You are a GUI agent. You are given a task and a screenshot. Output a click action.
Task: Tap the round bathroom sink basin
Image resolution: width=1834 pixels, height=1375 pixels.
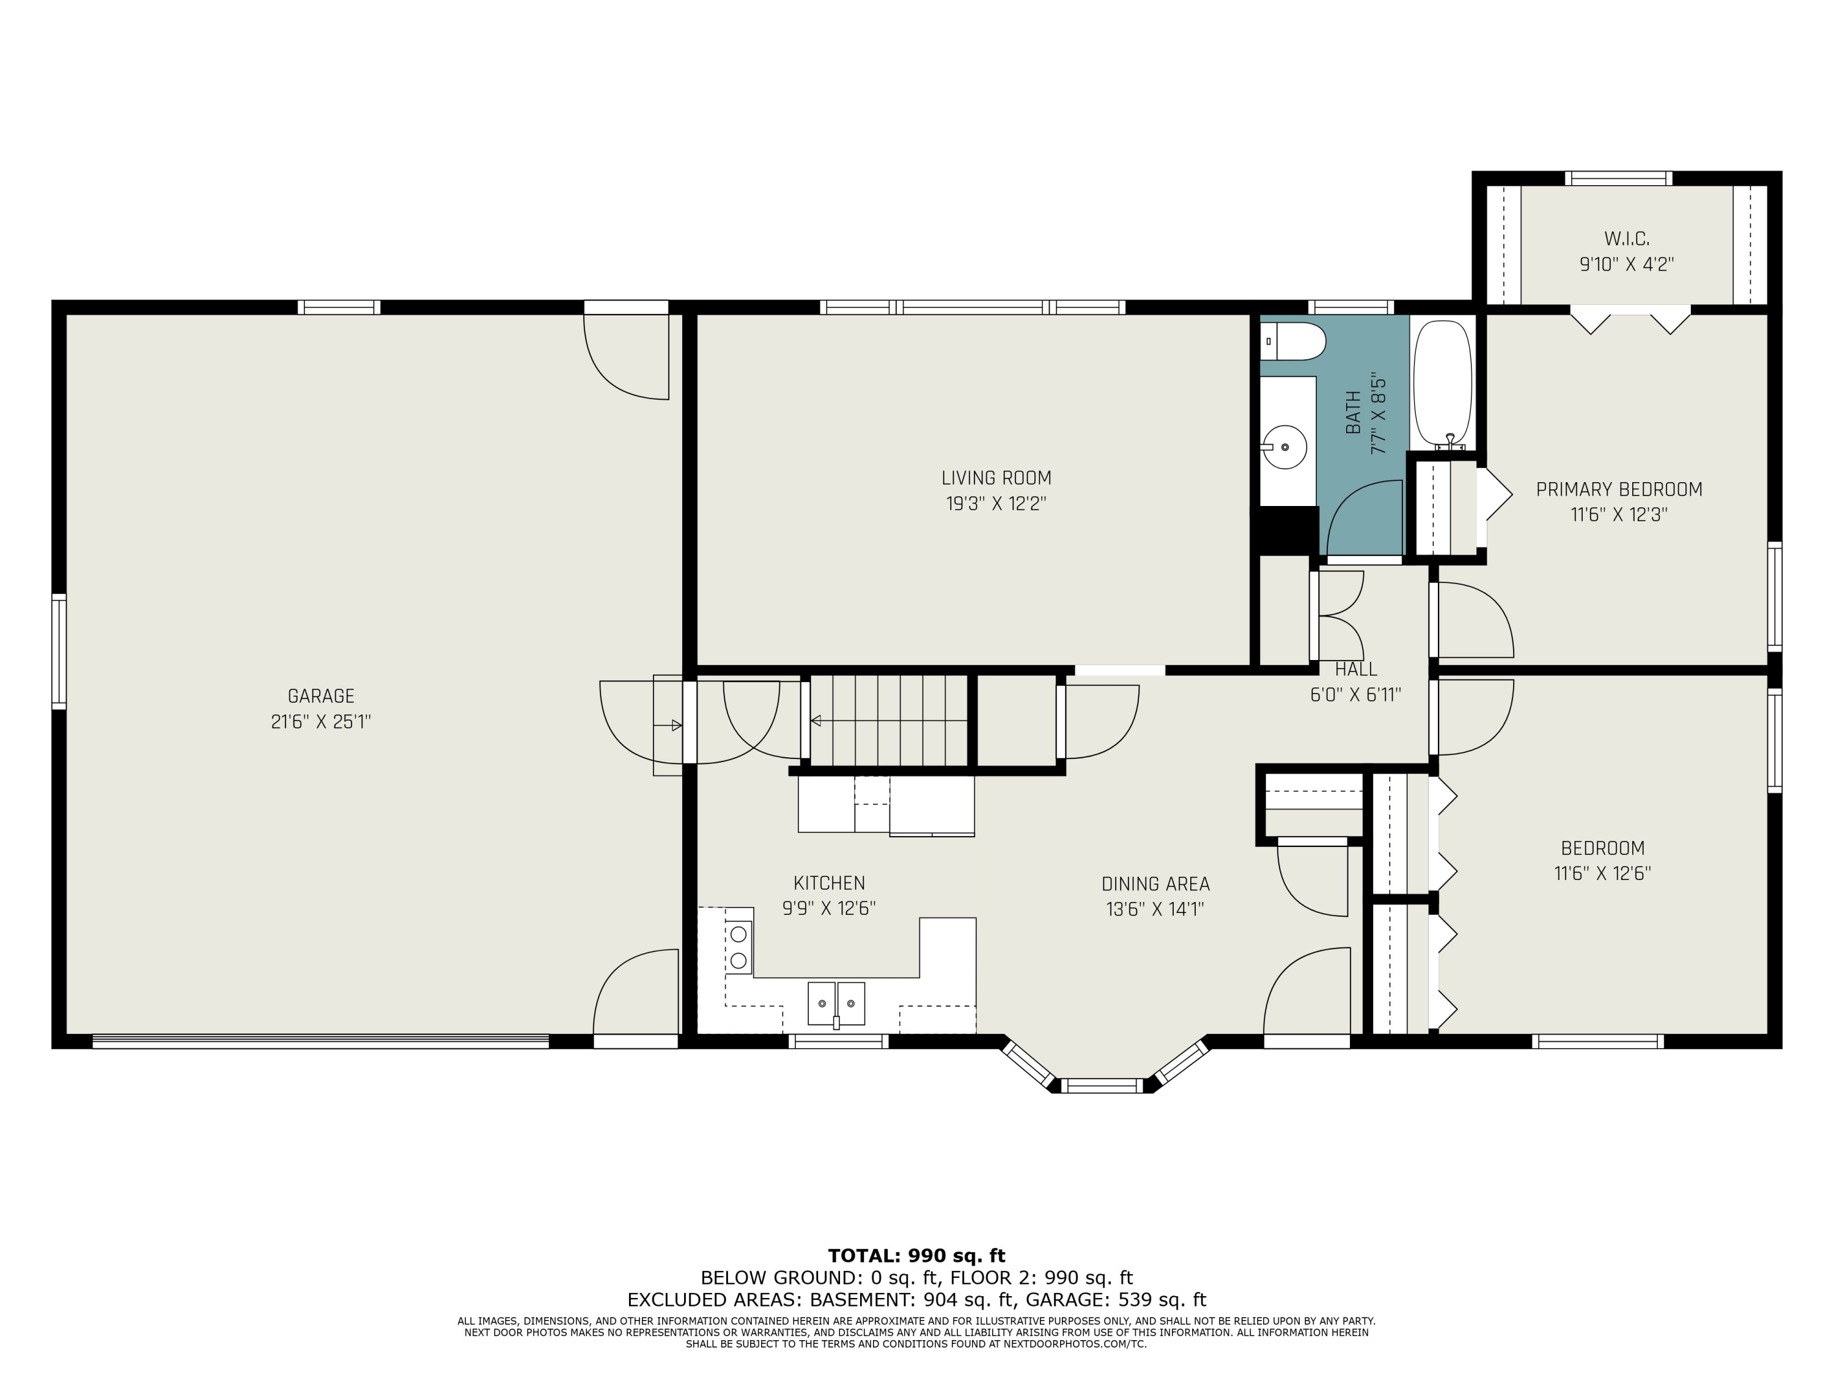(1285, 447)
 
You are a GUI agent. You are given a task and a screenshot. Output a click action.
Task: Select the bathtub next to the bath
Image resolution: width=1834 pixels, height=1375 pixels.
(1443, 384)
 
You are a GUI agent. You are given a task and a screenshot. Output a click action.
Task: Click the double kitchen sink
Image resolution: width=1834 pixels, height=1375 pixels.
(836, 1003)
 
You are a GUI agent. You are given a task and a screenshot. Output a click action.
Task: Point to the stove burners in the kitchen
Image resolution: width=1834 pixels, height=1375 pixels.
(738, 947)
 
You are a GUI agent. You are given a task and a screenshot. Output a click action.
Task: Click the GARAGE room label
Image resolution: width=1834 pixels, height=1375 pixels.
(321, 696)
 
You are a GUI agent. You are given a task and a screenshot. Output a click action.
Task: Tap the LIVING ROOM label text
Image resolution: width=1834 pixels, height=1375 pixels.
(996, 479)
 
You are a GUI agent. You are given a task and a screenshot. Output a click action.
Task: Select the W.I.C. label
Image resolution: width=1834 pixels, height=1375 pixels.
(1627, 239)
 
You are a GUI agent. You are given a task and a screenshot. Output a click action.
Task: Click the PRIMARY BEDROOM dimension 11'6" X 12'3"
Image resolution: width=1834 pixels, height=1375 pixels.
(1619, 515)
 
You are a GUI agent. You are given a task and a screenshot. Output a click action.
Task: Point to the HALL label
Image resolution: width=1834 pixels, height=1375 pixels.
(1357, 669)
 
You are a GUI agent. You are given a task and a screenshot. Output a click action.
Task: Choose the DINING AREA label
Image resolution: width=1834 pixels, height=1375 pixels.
(1156, 884)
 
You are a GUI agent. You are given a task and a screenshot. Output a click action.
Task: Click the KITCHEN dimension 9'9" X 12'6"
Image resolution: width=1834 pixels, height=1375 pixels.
(829, 908)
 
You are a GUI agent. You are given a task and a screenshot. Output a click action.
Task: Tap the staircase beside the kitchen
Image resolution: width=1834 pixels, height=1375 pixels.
(889, 721)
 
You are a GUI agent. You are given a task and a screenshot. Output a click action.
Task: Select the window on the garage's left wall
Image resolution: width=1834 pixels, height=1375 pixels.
(59, 651)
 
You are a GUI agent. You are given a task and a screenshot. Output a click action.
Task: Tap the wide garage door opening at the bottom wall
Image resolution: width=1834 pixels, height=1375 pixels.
(321, 1041)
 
